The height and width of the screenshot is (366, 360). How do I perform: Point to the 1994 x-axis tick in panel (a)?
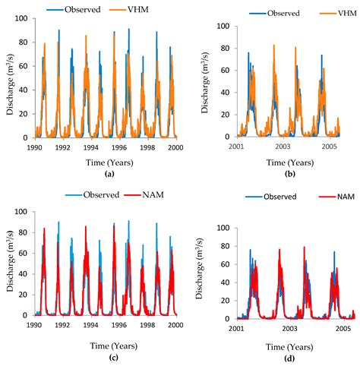90,147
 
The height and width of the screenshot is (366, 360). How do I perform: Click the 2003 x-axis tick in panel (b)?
283,146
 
